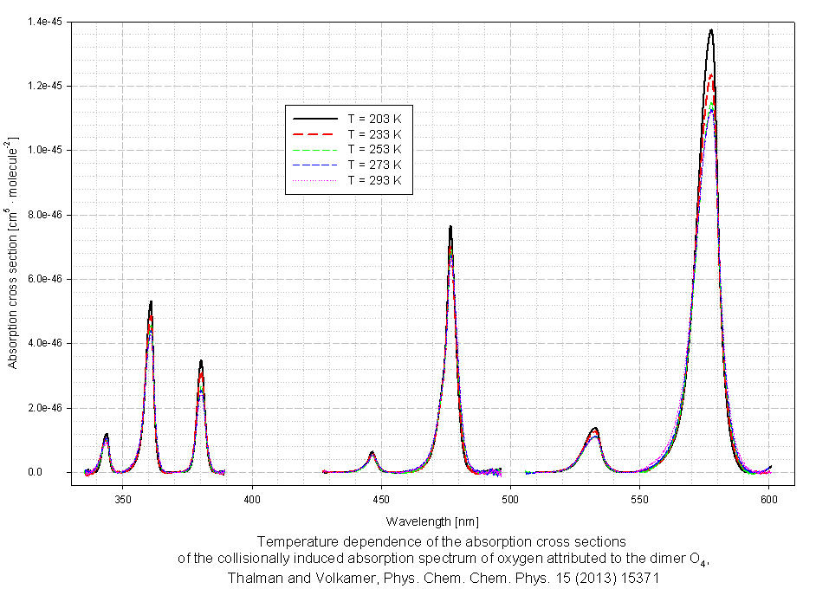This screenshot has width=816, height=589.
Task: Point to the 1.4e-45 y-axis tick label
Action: point(46,22)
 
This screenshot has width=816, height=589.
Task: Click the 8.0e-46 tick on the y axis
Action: point(46,215)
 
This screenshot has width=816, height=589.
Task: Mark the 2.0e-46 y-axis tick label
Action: point(46,408)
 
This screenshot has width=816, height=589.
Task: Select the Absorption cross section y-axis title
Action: point(13,251)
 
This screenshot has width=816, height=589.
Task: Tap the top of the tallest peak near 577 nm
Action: point(711,30)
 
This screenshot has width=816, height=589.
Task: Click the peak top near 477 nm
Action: point(450,227)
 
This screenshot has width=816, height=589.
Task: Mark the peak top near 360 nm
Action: point(151,302)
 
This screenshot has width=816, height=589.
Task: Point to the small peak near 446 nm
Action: point(372,452)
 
